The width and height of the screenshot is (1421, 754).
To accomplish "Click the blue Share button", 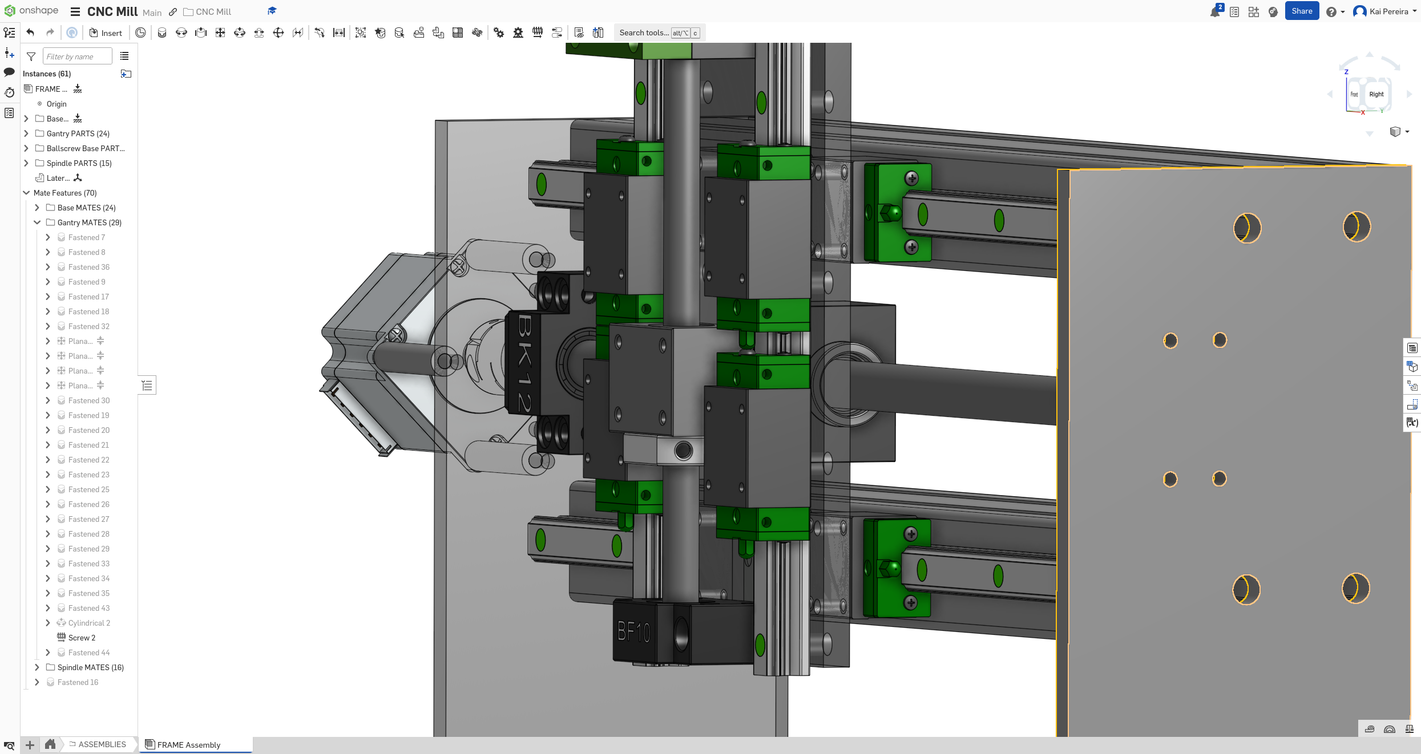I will pos(1301,11).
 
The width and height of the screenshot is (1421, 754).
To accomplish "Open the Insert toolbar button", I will pos(106,33).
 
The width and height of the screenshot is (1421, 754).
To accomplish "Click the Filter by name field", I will pos(77,56).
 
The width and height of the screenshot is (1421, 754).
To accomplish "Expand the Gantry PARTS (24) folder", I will pos(26,133).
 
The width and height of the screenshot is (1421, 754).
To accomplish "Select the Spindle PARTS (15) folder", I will pos(79,163).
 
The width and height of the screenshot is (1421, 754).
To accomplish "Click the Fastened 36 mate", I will pos(88,267).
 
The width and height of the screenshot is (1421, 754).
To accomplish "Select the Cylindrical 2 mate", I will pos(89,623).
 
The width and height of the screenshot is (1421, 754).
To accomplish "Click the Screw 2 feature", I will pos(82,638).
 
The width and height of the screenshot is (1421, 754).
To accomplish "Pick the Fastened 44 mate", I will pos(88,652).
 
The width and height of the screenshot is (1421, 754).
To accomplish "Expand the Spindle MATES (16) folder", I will pos(37,667).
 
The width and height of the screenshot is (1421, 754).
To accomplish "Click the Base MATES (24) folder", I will pos(86,208).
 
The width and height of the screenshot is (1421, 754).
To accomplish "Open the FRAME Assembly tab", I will pos(188,745).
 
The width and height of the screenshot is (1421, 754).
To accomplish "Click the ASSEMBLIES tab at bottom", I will pos(102,744).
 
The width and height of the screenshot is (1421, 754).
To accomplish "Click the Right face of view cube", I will pos(1376,95).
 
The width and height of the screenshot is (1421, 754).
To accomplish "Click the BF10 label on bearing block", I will pos(634,632).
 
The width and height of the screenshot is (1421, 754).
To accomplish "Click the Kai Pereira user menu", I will pos(1387,11).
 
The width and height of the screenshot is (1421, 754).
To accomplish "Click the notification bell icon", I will pos(1214,12).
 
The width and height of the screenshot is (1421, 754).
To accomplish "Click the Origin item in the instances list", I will pos(56,104).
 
